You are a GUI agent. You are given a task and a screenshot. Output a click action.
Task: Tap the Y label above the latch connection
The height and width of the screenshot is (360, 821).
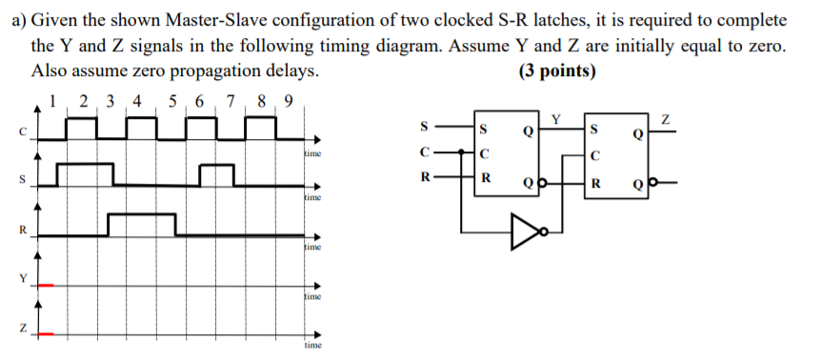pyautogui.click(x=556, y=118)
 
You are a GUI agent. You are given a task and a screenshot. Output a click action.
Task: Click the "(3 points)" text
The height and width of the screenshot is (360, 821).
pyautogui.click(x=558, y=71)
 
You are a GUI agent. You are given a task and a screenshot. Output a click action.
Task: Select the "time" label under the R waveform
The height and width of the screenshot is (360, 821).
pyautogui.click(x=312, y=248)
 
